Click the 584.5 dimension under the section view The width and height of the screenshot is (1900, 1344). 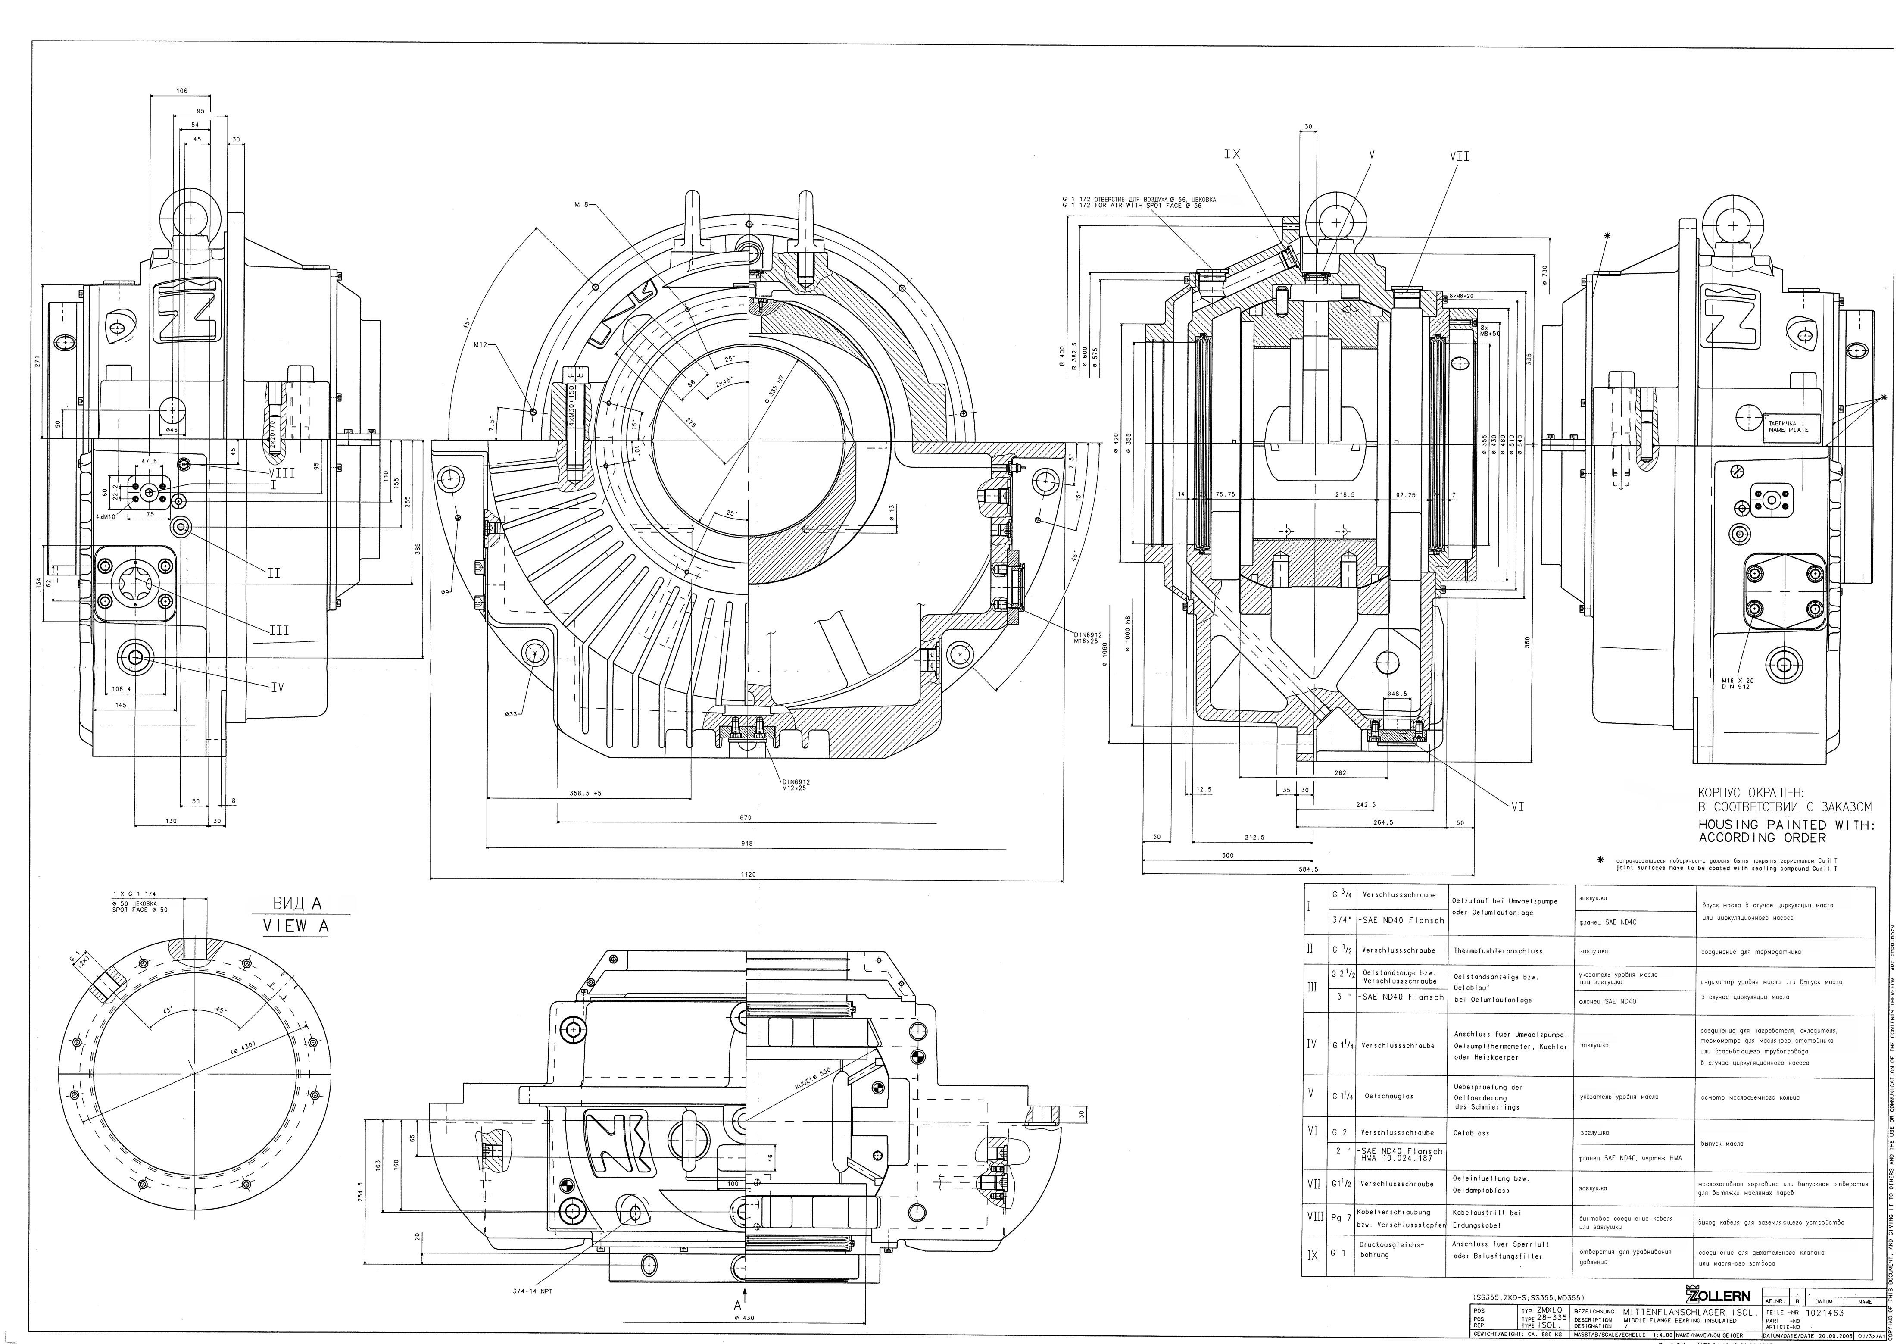click(1307, 870)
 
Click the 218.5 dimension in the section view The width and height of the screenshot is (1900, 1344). click(1345, 495)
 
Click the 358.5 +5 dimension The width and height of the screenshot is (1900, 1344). click(585, 793)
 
